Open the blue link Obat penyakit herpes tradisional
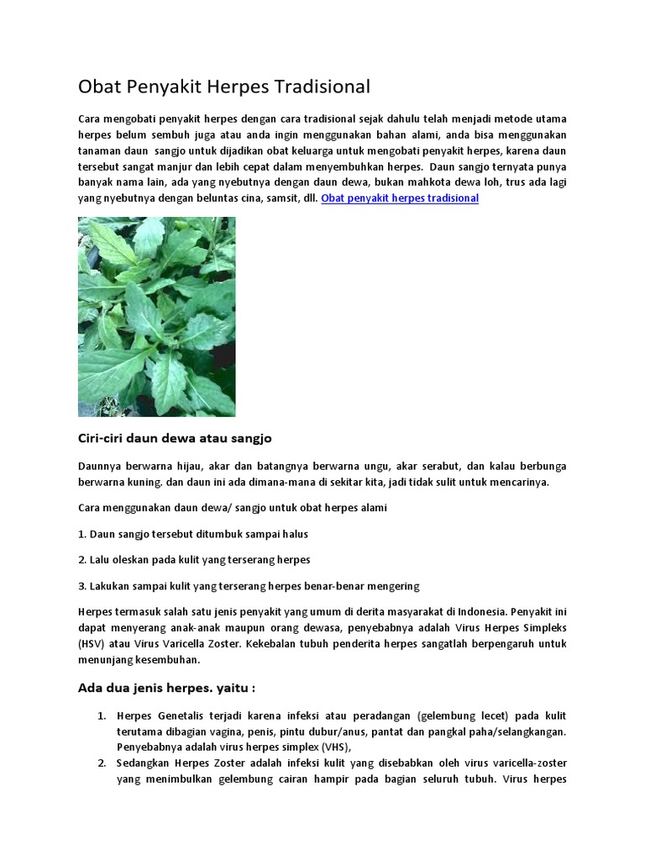coord(400,198)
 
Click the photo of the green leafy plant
coord(157,316)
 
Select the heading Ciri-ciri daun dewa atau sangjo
coord(175,438)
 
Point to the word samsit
coord(258,198)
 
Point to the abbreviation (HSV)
coord(91,643)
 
